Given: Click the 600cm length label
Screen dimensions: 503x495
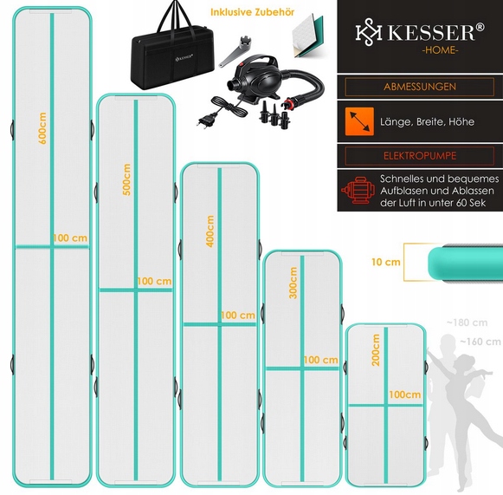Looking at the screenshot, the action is click(x=42, y=128).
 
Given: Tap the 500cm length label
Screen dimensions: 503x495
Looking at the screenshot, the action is click(x=126, y=179).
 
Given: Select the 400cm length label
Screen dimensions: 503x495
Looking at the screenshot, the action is click(x=210, y=231).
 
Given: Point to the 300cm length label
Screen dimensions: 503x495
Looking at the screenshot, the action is click(x=293, y=283).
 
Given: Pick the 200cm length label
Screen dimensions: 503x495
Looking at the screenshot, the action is click(x=376, y=350).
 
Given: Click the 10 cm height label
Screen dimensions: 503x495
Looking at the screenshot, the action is click(x=386, y=262).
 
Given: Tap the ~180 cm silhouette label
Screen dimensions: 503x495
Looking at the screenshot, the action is click(x=468, y=322).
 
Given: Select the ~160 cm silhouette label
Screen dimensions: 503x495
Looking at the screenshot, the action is click(x=480, y=342).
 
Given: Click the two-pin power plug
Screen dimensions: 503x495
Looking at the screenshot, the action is click(x=206, y=120).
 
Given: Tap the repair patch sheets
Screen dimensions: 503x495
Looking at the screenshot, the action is click(x=307, y=36).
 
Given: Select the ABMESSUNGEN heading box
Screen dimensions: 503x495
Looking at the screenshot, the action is click(x=420, y=87).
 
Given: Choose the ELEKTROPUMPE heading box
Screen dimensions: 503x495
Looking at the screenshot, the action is click(x=420, y=156).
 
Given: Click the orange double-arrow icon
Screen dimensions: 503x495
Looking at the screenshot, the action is click(x=359, y=121).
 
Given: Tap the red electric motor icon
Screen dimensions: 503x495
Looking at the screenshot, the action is click(x=358, y=190).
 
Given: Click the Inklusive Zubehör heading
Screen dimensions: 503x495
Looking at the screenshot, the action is click(x=253, y=12).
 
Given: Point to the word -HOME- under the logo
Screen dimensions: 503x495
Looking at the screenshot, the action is click(x=440, y=49).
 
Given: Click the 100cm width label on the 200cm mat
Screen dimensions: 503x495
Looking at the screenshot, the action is click(x=405, y=394).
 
